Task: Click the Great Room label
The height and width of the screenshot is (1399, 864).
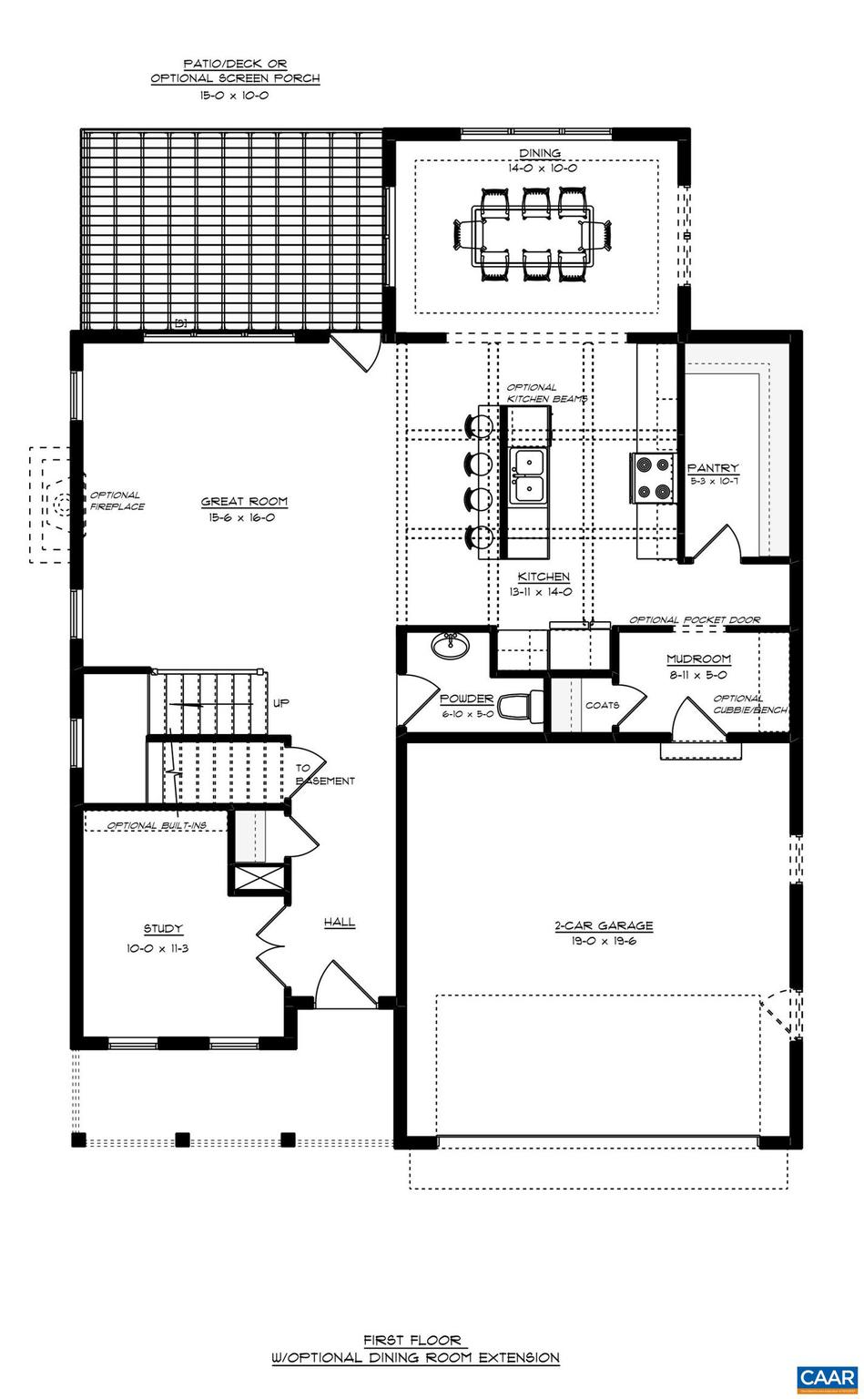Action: coord(244,501)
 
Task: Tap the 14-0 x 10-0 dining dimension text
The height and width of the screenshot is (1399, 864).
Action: coord(543,168)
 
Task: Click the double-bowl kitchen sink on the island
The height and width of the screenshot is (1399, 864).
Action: coord(527,475)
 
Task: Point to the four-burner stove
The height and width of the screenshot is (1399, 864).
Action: coord(654,478)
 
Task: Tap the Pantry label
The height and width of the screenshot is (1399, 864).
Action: coord(713,468)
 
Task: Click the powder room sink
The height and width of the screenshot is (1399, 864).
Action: coord(450,647)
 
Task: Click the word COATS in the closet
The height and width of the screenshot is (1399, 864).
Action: coord(602,705)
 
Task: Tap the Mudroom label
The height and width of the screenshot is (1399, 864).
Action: coord(698,659)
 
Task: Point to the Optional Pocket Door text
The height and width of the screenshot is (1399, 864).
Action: coord(695,620)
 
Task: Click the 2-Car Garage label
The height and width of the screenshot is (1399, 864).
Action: coord(604,926)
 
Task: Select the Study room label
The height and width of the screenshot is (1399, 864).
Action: coord(163,929)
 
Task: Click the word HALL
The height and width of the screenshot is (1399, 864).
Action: coord(340,923)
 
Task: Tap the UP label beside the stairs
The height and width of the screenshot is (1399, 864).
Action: coord(281,703)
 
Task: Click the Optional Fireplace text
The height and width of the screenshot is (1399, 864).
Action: coord(117,501)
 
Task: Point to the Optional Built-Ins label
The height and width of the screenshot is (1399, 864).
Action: coord(157,825)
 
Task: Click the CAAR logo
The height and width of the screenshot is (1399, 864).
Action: coord(827,1379)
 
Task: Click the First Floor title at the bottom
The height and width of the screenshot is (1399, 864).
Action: coord(415,1340)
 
